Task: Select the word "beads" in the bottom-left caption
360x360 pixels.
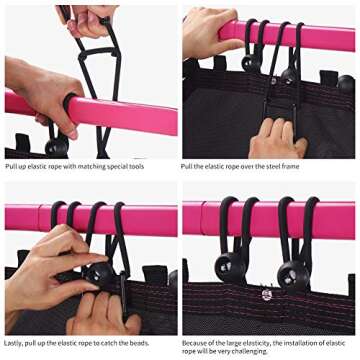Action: pos(139,343)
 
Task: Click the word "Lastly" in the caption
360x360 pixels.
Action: pos(14,343)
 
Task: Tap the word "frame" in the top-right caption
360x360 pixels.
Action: pos(290,166)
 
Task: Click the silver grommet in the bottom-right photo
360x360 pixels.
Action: pos(267,295)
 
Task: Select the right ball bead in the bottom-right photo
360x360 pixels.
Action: pos(293,275)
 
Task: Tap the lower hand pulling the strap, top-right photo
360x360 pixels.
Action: pos(278,139)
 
